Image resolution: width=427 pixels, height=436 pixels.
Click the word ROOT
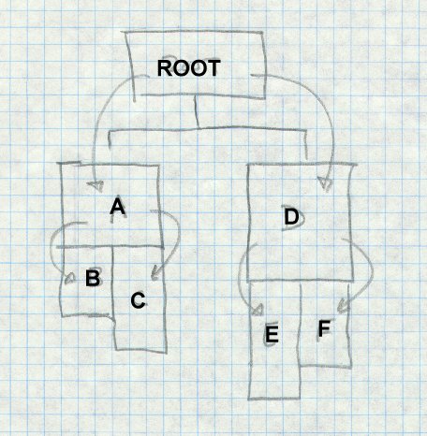[x=189, y=68]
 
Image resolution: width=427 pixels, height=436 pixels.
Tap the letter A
[x=118, y=206]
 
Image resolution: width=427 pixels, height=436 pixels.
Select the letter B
[x=93, y=278]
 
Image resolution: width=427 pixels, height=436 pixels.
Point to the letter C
[x=138, y=300]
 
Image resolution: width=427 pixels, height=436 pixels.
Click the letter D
[x=291, y=217]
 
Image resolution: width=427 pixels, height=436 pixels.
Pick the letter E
[x=272, y=334]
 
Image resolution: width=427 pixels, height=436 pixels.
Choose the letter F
[x=324, y=328]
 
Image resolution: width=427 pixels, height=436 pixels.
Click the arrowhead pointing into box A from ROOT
[x=96, y=186]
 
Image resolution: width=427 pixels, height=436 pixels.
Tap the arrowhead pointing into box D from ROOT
[x=325, y=183]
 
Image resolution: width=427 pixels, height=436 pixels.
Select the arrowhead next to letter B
[x=70, y=279]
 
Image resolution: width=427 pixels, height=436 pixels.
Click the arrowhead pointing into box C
[x=155, y=273]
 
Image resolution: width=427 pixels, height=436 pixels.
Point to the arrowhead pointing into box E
[x=258, y=310]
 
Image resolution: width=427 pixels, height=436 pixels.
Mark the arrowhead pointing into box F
[x=344, y=306]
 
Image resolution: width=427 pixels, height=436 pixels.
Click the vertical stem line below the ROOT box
[x=197, y=111]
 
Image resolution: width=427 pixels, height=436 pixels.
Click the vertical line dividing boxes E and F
[x=300, y=325]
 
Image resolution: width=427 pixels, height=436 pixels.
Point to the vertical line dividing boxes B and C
[x=112, y=281]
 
